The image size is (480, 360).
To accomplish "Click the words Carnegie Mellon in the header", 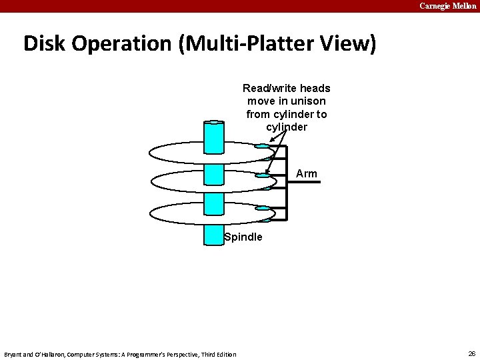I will coord(448,6).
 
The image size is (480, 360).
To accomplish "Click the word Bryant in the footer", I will coord(14,354).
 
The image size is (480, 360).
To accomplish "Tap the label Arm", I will coord(307,174).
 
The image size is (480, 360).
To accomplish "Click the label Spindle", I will coord(244,237).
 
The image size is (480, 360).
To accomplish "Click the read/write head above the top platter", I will coord(263,145).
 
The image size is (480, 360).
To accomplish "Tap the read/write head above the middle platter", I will coord(263,176).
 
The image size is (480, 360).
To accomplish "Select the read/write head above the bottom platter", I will coord(263,207).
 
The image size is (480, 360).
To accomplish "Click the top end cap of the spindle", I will coord(214,123).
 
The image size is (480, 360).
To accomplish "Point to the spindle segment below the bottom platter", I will coord(214,235).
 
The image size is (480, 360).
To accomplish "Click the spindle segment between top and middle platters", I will coord(214,173).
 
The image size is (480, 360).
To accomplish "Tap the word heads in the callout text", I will coord(315,89).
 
